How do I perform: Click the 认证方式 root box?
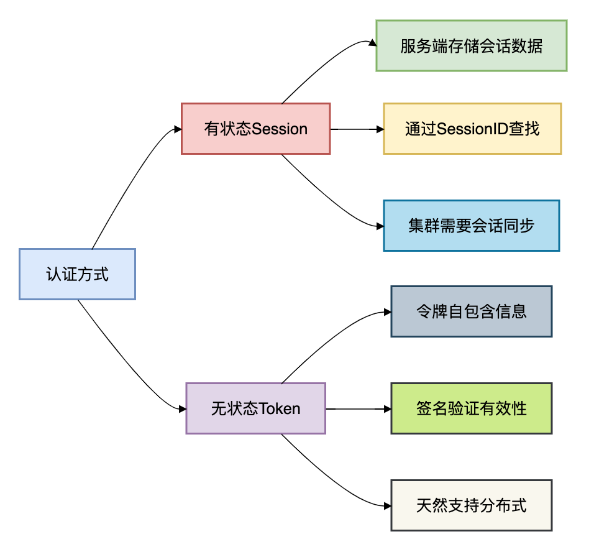pos(77,274)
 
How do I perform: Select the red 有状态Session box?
pos(255,129)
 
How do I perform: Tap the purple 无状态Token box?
pos(255,408)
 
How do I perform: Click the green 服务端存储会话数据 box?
pos(471,46)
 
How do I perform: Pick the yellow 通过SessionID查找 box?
pos(472,129)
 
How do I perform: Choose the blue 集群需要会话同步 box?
pos(471,225)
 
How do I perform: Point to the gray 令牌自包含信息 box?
pos(471,311)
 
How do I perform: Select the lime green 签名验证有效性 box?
pos(471,408)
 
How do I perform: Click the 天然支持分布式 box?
pos(471,505)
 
